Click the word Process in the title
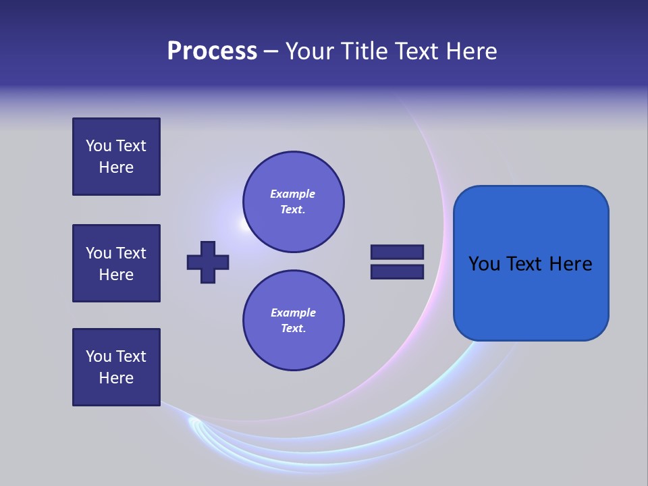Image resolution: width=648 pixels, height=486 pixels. pyautogui.click(x=212, y=51)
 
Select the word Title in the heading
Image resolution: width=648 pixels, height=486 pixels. pyautogui.click(x=364, y=51)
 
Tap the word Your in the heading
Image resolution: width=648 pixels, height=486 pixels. pyautogui.click(x=311, y=51)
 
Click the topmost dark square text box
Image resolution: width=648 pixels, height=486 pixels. pyautogui.click(x=116, y=157)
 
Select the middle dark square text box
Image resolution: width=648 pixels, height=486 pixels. pyautogui.click(x=116, y=263)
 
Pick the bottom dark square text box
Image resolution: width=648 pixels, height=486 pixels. pyautogui.click(x=116, y=367)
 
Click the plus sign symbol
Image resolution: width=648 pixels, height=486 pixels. pyautogui.click(x=208, y=262)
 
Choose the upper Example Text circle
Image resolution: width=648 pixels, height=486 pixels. pyautogui.click(x=293, y=202)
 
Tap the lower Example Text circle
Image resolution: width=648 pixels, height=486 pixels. pyautogui.click(x=293, y=321)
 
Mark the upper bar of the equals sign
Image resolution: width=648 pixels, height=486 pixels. pyautogui.click(x=397, y=252)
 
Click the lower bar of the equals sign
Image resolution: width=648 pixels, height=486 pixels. pyautogui.click(x=397, y=272)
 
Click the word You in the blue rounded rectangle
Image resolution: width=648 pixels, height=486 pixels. pyautogui.click(x=484, y=263)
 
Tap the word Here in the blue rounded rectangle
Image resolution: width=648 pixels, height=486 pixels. pyautogui.click(x=570, y=263)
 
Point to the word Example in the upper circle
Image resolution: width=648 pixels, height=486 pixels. pyautogui.click(x=293, y=194)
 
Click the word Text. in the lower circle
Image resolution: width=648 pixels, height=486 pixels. pyautogui.click(x=293, y=328)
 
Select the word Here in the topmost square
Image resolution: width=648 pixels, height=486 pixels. pyautogui.click(x=116, y=167)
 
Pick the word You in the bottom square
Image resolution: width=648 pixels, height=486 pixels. pyautogui.click(x=99, y=356)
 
